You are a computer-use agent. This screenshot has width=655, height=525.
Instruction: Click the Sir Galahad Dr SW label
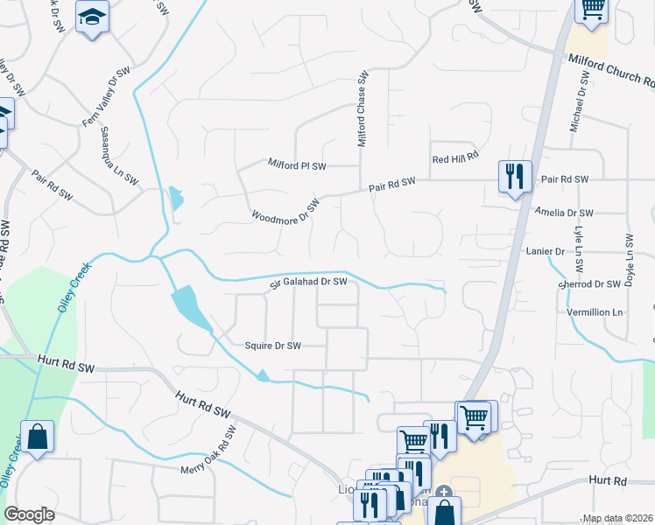[x=308, y=282]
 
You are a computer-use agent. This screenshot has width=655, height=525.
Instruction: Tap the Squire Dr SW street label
[x=272, y=346]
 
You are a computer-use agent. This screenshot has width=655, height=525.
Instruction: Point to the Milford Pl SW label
[x=297, y=164]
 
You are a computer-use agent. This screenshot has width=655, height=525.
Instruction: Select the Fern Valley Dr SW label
[x=107, y=95]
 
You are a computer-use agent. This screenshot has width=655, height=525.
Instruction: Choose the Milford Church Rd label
[x=611, y=71]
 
